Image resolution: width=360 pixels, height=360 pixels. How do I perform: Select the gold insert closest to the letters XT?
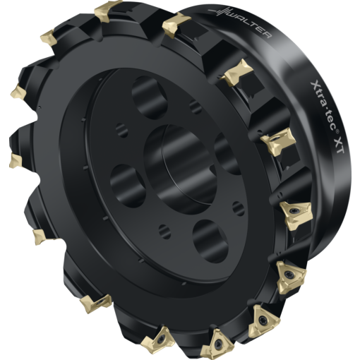point(276,145)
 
